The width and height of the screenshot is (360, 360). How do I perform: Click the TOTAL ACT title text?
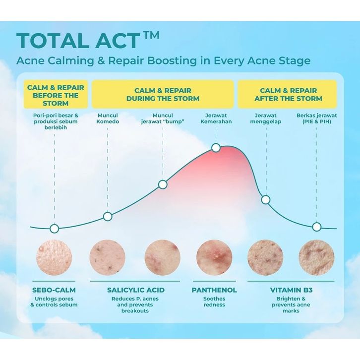78,41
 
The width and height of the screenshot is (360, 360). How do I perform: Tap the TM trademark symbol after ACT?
151,36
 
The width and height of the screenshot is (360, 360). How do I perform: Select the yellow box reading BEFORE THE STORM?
56,94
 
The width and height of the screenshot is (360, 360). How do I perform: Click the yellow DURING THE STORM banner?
163,94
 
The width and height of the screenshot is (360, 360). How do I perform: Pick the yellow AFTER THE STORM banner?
287,94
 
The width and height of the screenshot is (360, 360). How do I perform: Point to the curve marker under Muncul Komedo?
108,216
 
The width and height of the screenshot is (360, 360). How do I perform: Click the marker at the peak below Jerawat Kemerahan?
216,148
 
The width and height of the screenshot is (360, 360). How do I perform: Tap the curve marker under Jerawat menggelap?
266,200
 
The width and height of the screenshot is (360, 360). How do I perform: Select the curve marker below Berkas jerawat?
317,227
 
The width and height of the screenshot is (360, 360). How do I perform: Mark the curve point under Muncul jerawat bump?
163,184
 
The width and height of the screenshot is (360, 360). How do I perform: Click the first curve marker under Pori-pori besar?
55,229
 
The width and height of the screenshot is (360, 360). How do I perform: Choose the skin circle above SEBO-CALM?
54,257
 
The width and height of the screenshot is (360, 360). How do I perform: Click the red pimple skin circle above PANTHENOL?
214,257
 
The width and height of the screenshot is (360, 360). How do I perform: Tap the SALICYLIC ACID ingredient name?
136,290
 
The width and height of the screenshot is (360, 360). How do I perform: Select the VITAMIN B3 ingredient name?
292,290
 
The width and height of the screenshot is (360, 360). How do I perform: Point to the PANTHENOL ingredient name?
214,290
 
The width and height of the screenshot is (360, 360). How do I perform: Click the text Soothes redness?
214,301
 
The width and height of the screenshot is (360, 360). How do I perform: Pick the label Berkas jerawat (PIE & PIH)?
316,119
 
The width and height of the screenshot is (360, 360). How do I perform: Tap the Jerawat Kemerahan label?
216,119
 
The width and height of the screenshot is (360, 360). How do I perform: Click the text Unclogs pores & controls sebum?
54,301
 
